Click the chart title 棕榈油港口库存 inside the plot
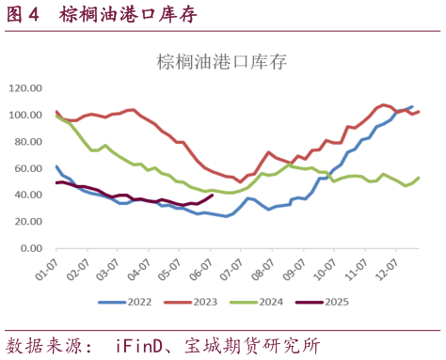(x=221, y=63)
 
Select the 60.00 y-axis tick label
(x=27, y=170)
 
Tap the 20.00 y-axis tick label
(x=27, y=225)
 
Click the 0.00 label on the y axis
(x=31, y=252)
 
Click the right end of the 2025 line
(x=213, y=195)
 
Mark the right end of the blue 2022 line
(x=411, y=106)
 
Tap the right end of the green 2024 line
(x=419, y=178)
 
